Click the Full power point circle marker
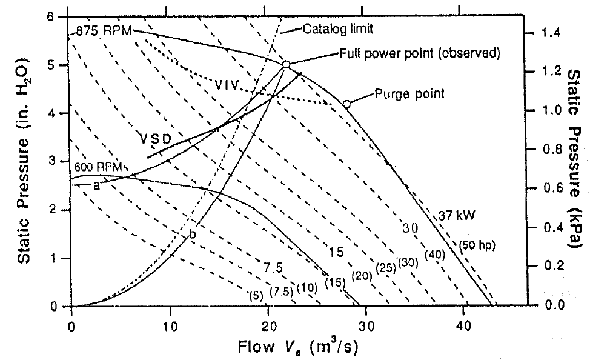point(287,64)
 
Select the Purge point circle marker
point(346,104)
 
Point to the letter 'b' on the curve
point(193,235)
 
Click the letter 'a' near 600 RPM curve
point(96,185)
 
